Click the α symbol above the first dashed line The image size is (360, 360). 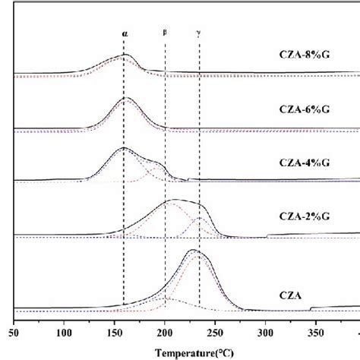125,34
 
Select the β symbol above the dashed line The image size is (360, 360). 165,32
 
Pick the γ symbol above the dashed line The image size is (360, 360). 199,33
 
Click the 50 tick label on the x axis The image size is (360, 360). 14,333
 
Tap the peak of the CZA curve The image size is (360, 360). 173,250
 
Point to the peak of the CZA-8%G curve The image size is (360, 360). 125,55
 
